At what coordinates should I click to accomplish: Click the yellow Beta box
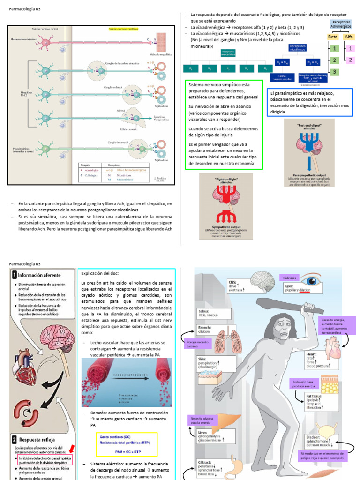point(333,37)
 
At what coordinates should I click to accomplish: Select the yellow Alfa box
point(349,37)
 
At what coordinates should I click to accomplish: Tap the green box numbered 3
point(334,72)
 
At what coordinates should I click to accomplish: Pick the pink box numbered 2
point(349,60)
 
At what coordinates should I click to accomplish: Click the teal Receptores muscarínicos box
point(228,53)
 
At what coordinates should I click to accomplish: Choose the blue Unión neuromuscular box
point(282,76)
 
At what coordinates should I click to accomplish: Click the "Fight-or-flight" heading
point(226,180)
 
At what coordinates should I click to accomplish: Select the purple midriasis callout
point(290,278)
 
